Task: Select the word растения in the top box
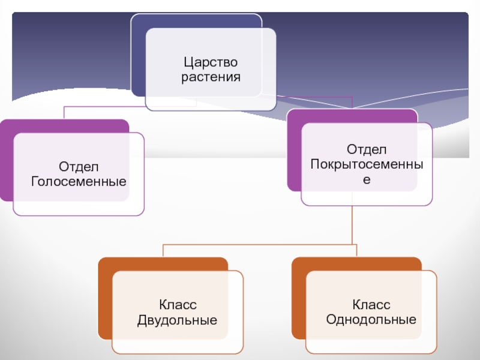pyautogui.click(x=211, y=77)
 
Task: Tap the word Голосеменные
pyautogui.click(x=79, y=180)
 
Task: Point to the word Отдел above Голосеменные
pyautogui.click(x=79, y=166)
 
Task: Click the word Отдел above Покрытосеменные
pyautogui.click(x=367, y=148)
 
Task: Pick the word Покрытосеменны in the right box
pyautogui.click(x=367, y=163)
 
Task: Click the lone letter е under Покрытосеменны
pyautogui.click(x=367, y=178)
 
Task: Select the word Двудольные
pyautogui.click(x=178, y=320)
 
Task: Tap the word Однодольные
pyautogui.click(x=371, y=319)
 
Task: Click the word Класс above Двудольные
pyautogui.click(x=178, y=305)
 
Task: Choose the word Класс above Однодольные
pyautogui.click(x=371, y=305)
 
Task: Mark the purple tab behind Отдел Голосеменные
pyautogui.click(x=6, y=162)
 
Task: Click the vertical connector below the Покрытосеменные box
pyautogui.click(x=353, y=225)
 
